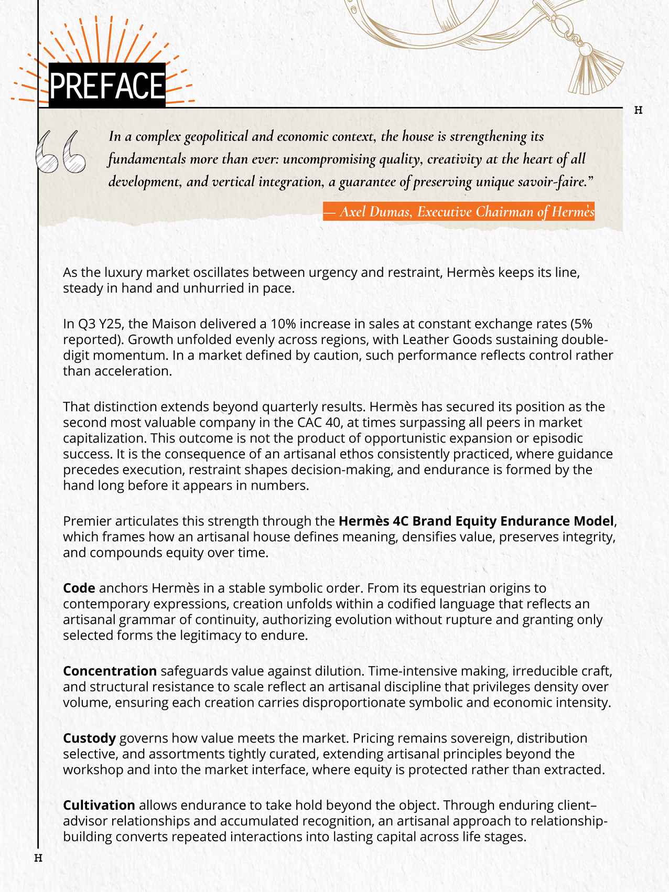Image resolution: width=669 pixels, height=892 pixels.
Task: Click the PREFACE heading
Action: [x=107, y=85]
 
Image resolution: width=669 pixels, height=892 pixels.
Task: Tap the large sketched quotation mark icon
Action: [x=60, y=152]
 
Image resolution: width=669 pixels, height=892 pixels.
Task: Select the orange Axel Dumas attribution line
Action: [x=459, y=212]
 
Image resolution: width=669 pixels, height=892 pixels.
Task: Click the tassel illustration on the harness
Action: [x=597, y=71]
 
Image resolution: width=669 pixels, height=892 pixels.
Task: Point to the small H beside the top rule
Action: [x=638, y=110]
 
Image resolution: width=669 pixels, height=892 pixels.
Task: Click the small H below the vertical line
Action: [x=38, y=858]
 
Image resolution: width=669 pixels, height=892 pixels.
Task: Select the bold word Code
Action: [x=79, y=588]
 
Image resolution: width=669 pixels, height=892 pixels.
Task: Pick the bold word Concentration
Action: [x=110, y=671]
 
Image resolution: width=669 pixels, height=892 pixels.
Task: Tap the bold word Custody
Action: [x=89, y=738]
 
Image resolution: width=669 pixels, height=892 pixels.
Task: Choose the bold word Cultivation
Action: [x=99, y=805]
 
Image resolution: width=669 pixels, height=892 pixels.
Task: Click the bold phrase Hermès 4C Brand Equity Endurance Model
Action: [x=476, y=521]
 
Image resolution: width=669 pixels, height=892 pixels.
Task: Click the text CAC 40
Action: [x=332, y=423]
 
